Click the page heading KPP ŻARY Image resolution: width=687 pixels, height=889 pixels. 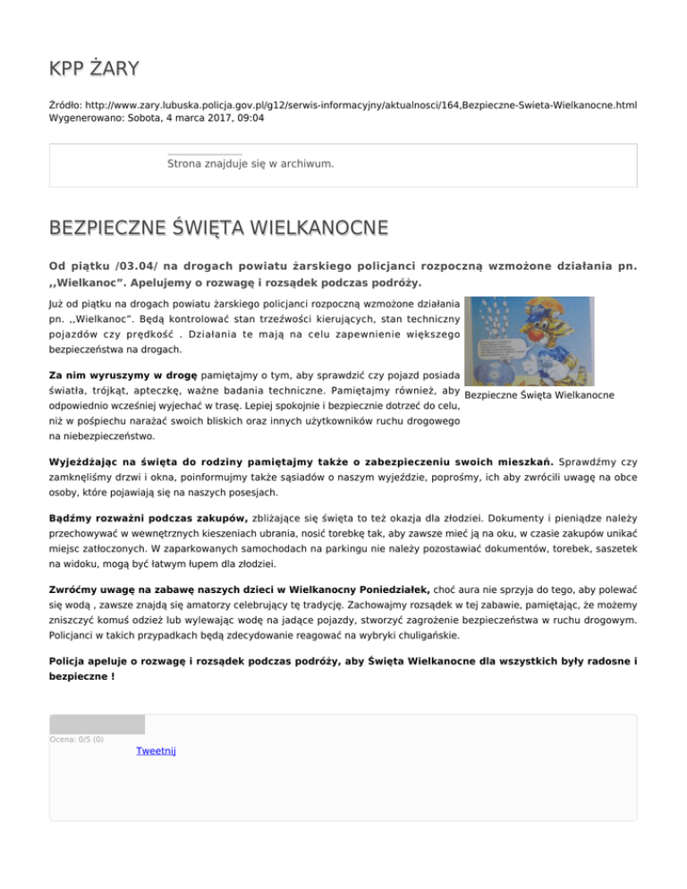click(94, 69)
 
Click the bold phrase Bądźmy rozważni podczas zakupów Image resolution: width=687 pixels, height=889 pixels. click(148, 518)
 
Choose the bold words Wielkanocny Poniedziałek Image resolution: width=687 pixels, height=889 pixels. click(360, 590)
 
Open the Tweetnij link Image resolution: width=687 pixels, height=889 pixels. click(156, 751)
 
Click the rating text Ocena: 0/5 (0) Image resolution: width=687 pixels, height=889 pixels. click(77, 740)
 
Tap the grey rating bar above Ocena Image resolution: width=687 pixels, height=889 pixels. click(97, 724)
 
